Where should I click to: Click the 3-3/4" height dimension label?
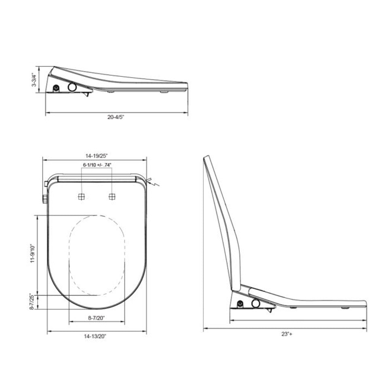35,80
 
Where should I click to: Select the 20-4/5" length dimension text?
116,118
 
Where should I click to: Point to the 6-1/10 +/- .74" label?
97,165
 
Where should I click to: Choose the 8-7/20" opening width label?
97,318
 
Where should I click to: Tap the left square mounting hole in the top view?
82,196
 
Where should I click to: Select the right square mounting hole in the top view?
112,196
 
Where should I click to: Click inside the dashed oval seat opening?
97,255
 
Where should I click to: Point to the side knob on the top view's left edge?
44,198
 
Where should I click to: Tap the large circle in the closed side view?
72,86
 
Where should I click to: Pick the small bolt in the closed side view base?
56,89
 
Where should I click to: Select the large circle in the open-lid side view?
255,303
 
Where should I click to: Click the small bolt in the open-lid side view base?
240,304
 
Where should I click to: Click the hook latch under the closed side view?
87,94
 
